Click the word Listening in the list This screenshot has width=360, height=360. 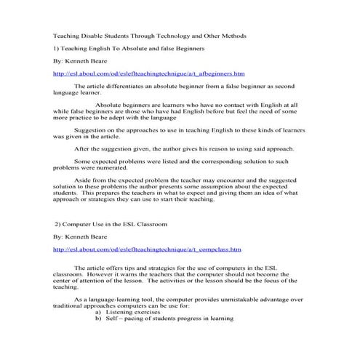click(x=131, y=311)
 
